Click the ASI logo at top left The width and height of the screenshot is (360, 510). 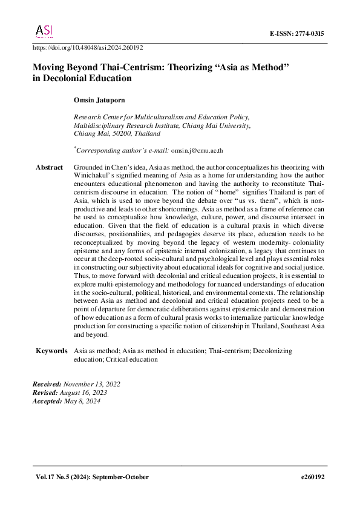pos(44,31)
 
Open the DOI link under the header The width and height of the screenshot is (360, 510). pos(87,47)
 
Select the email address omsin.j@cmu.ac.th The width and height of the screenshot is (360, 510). pos(197,151)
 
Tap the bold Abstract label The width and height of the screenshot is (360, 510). pos(49,167)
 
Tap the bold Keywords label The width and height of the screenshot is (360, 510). pos(51,351)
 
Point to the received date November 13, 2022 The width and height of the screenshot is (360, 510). pos(91,385)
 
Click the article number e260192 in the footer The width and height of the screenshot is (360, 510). pos(313,477)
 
